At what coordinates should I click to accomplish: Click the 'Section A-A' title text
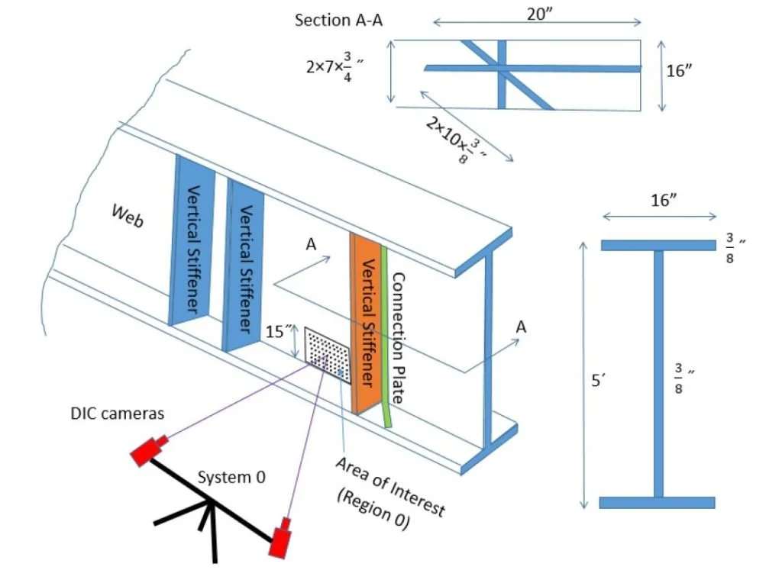pyautogui.click(x=338, y=20)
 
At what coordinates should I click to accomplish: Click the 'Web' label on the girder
pyautogui.click(x=128, y=215)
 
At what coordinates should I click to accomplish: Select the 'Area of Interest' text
pyautogui.click(x=389, y=486)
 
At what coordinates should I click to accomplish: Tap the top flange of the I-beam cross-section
pyautogui.click(x=658, y=245)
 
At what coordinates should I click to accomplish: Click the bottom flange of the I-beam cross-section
pyautogui.click(x=657, y=502)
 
